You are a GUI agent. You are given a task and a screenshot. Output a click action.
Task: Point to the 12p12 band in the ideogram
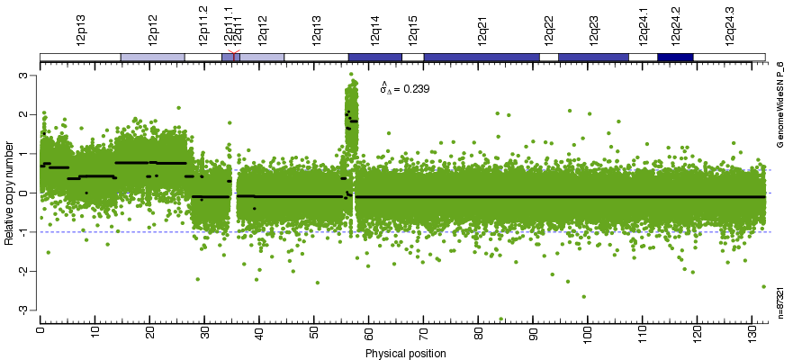152,58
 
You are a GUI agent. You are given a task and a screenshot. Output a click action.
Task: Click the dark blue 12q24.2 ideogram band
675,58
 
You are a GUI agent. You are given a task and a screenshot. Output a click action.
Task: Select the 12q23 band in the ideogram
593,58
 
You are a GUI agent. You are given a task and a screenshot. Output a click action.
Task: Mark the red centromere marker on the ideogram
234,57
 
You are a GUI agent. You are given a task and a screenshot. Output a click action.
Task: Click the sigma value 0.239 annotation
404,89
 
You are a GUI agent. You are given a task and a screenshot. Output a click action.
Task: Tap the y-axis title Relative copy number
10,193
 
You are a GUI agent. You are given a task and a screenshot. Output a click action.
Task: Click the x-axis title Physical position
405,354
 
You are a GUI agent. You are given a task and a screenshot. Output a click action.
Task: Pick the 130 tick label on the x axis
752,333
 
